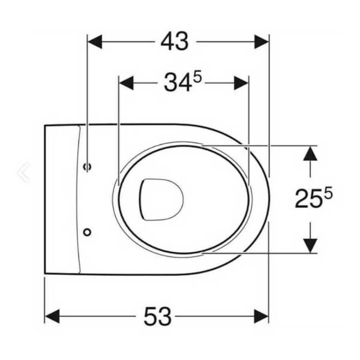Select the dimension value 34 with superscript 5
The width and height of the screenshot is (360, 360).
coord(178,83)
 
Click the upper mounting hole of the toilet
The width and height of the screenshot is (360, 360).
coord(88,166)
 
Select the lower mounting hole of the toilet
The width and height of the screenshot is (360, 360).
coord(88,231)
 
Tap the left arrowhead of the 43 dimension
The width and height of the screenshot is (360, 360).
coord(95,42)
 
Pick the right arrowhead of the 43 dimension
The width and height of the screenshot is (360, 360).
coord(262,42)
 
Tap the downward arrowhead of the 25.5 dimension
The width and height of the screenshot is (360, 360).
coord(310,245)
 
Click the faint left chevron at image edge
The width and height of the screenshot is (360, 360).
coord(24,172)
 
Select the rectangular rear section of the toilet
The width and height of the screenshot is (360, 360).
coord(61,199)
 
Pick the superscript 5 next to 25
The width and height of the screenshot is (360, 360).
coord(327,193)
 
